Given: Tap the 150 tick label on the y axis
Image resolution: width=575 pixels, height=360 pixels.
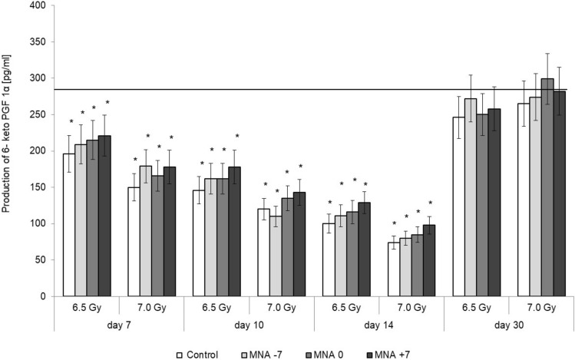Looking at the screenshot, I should (39, 187).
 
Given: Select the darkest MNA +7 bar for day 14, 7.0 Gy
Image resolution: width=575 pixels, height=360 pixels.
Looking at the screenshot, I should (429, 260).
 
